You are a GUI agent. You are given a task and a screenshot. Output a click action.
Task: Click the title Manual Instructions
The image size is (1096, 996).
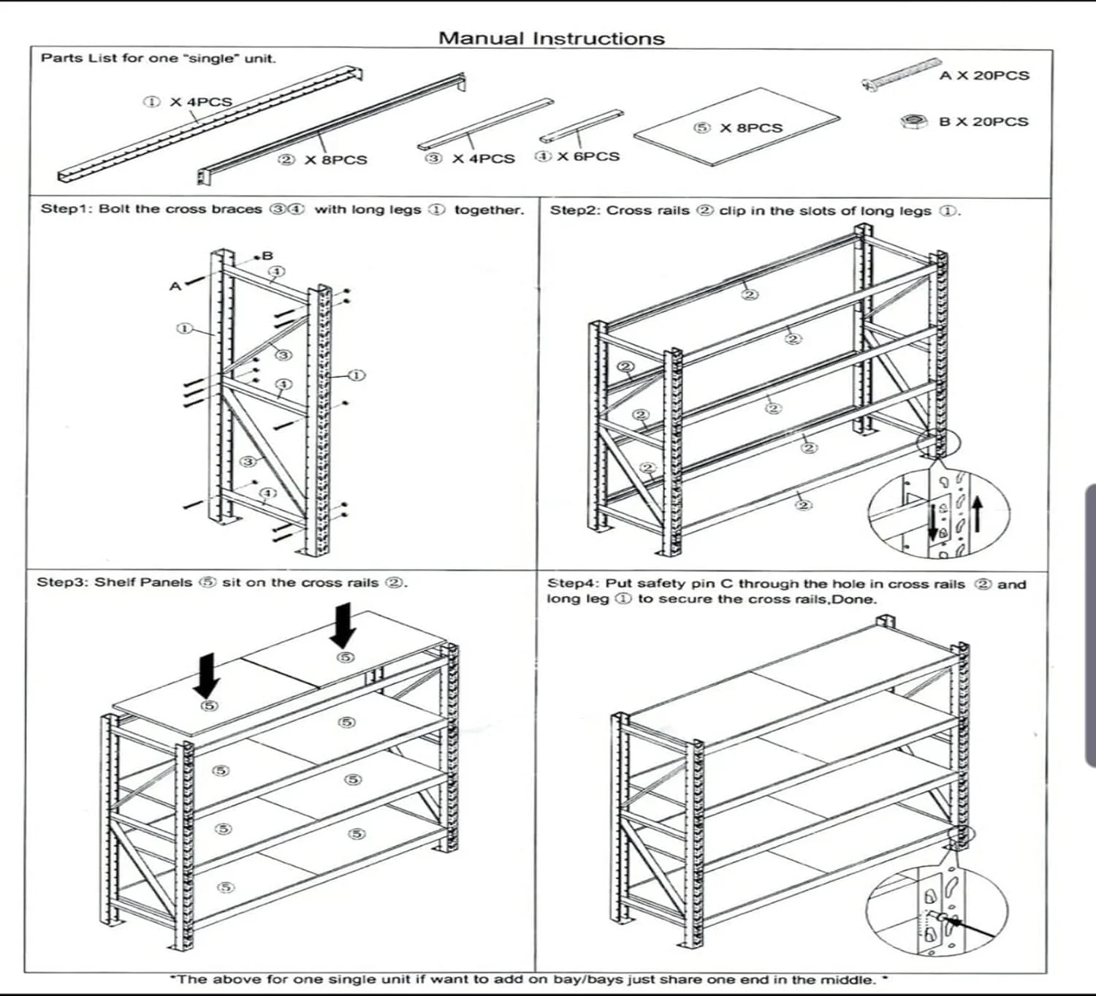point(552,39)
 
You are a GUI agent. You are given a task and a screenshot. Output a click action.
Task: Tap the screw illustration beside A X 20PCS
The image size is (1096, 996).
point(900,75)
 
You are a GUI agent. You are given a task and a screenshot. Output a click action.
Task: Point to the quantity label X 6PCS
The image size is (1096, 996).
point(588,156)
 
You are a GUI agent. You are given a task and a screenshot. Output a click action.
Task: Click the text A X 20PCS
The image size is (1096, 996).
point(984,75)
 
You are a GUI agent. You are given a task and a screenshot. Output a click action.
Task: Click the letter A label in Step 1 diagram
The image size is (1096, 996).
point(175,286)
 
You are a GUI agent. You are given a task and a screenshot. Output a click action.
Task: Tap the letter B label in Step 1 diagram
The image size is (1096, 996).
point(267,256)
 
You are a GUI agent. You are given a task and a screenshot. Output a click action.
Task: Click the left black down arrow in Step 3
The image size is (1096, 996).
point(208,675)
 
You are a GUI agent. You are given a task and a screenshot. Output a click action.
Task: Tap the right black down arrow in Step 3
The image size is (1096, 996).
point(342,625)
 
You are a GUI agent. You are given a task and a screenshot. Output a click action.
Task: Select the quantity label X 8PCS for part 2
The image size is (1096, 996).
point(335,159)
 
